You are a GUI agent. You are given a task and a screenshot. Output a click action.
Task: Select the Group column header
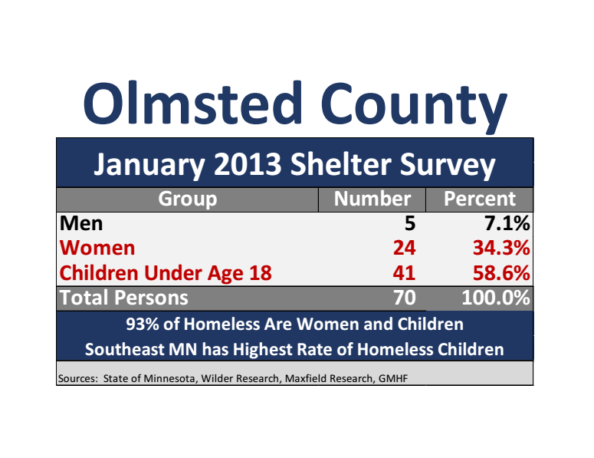tap(187, 199)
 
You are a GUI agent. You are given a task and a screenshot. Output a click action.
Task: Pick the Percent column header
tap(480, 199)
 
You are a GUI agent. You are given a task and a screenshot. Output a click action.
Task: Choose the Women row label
tap(97, 248)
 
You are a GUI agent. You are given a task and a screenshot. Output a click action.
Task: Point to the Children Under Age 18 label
tap(166, 272)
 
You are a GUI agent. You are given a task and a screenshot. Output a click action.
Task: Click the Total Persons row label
tap(123, 297)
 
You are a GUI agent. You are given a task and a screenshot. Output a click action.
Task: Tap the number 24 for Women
tap(403, 248)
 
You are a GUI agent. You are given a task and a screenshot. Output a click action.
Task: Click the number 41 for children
tap(403, 272)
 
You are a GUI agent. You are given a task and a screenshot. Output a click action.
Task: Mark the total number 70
tap(403, 297)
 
